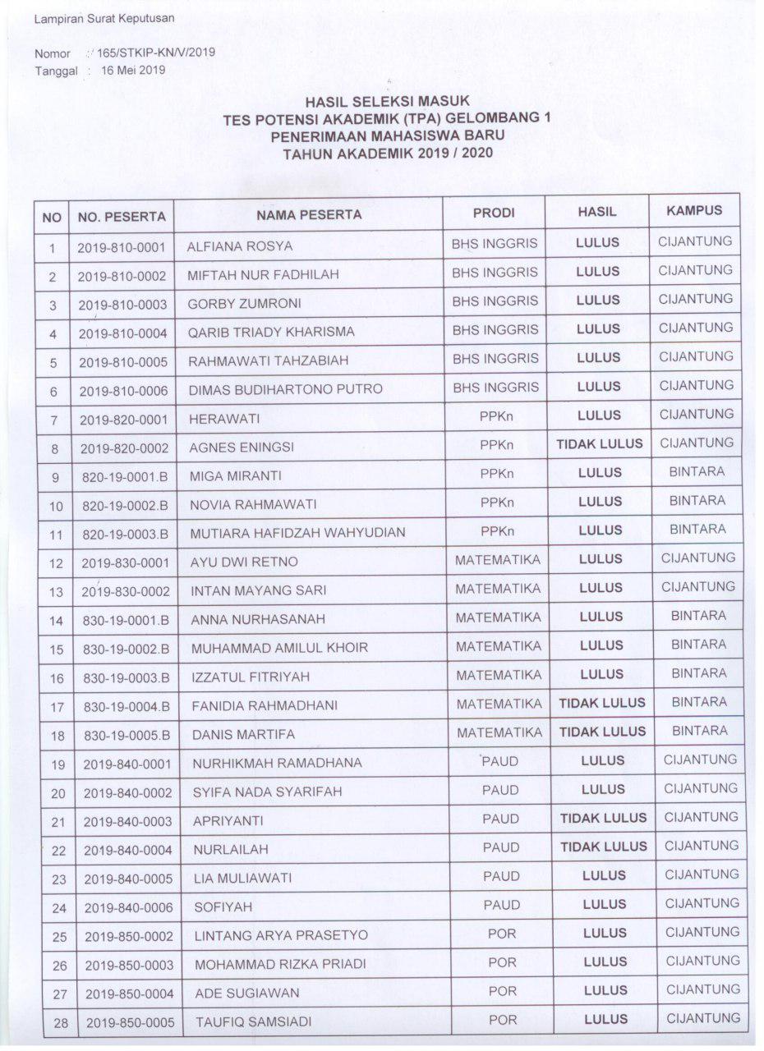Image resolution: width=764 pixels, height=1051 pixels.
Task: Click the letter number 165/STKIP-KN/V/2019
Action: click(x=155, y=53)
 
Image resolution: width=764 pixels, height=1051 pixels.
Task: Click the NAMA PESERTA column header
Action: click(x=308, y=215)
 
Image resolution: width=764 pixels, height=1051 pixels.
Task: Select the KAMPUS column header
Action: click(x=694, y=211)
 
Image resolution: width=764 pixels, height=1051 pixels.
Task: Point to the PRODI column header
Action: click(x=494, y=213)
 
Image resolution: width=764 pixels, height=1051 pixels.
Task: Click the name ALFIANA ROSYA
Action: click(x=240, y=246)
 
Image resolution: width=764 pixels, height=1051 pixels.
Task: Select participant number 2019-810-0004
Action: click(x=122, y=333)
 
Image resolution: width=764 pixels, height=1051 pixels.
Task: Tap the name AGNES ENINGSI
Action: click(x=242, y=448)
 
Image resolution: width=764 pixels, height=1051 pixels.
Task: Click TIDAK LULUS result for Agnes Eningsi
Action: click(x=600, y=444)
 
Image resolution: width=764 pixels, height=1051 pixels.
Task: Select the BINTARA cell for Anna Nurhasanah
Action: click(x=698, y=616)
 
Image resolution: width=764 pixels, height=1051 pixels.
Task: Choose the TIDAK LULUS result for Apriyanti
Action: click(x=603, y=818)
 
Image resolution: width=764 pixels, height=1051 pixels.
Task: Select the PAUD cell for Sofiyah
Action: click(x=501, y=905)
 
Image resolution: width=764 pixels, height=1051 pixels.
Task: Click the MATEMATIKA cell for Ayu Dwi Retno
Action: click(x=498, y=560)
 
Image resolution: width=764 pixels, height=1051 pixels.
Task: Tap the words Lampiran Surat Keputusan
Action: click(x=104, y=18)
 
